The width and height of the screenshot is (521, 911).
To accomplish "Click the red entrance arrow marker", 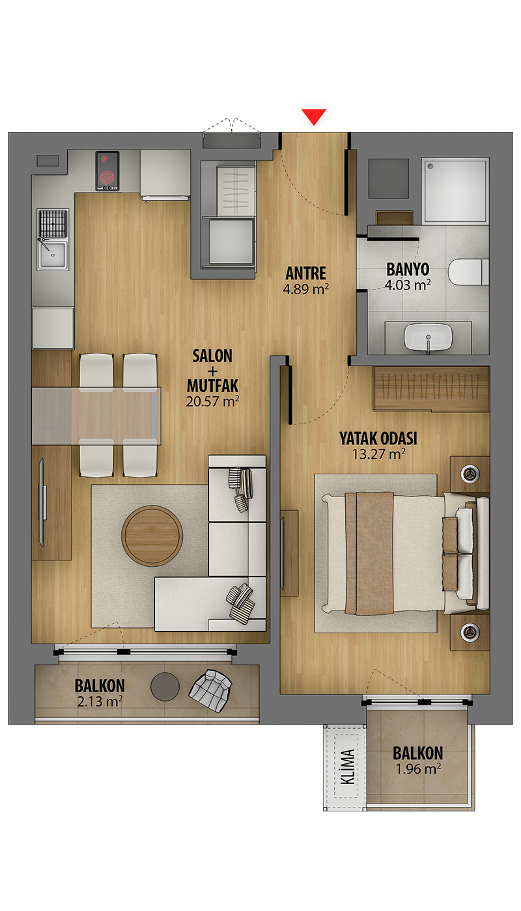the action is (313, 116).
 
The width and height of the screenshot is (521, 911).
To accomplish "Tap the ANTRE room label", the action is (305, 273).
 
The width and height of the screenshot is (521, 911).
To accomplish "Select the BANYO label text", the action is (408, 269).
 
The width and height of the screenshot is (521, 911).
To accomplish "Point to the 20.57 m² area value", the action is (212, 401).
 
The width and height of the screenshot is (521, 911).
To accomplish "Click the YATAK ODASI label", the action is (378, 439).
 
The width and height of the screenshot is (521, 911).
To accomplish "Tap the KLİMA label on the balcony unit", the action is (347, 767).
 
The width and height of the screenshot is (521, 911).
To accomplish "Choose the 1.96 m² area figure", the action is (418, 768).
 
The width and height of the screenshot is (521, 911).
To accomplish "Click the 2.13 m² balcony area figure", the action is (100, 701).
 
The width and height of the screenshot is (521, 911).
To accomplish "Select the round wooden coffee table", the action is (152, 535).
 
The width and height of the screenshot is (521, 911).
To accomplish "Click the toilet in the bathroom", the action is (468, 272).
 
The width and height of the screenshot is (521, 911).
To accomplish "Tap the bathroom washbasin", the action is (429, 337).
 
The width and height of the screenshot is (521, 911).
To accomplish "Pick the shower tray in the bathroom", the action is (455, 190).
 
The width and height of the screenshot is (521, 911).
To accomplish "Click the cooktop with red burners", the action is (107, 170).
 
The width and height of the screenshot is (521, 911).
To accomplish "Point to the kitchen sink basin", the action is (53, 254).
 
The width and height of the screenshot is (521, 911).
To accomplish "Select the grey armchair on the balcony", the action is (210, 690).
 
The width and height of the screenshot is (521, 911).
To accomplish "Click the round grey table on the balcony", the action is (165, 687).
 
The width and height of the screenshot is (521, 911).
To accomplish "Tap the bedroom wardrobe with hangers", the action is (431, 389).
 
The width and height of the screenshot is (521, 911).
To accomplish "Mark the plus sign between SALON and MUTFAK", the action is (212, 371).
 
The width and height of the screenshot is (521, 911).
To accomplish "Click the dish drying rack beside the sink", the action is (53, 223).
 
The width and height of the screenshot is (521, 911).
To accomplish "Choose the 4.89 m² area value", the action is (305, 289).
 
